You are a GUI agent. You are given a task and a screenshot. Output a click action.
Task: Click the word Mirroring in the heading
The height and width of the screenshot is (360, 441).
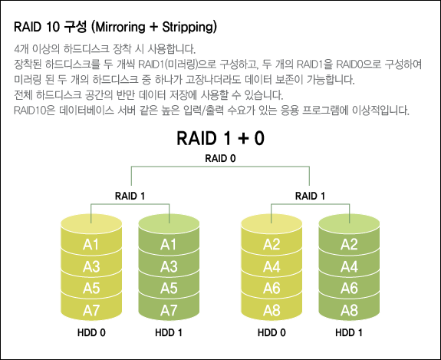pos(120,28)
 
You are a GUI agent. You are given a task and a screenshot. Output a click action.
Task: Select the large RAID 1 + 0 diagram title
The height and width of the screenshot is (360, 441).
pos(221,138)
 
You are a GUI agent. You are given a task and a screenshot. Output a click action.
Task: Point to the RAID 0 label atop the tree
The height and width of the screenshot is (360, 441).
pos(220,158)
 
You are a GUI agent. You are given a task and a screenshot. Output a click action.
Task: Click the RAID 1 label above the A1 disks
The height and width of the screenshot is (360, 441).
pos(130,196)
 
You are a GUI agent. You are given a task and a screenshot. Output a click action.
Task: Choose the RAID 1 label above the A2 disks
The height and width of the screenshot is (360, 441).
pos(310,196)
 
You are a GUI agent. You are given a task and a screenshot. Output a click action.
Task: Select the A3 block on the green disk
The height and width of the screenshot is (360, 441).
pos(169,266)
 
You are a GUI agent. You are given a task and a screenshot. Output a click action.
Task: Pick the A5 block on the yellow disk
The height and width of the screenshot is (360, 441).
pos(91,289)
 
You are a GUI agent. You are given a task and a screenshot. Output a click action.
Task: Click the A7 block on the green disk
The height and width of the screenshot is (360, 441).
pos(169,310)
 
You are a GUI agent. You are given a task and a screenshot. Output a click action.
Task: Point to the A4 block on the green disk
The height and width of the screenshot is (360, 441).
pos(349,266)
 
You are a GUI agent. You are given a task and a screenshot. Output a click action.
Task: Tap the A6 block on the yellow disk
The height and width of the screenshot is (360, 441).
pos(272,289)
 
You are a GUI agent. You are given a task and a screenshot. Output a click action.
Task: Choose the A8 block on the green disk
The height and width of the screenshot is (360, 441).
pos(349,310)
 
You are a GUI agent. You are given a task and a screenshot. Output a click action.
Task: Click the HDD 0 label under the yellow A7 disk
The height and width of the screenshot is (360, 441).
pos(91,332)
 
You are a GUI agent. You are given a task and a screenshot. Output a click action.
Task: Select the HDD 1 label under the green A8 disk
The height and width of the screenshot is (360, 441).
pos(349,332)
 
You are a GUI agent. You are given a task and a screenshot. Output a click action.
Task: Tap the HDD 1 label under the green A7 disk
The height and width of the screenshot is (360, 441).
pos(169,332)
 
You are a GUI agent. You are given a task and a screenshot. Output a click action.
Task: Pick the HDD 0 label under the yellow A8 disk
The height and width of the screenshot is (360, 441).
pos(272,332)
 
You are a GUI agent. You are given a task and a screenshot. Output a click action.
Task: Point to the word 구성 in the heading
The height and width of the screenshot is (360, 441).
pos(75,28)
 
